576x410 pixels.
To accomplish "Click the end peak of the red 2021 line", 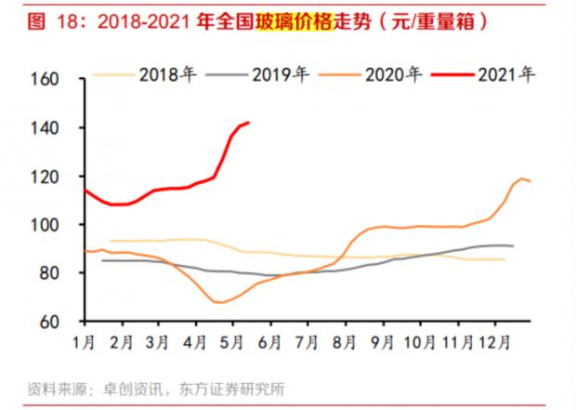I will pyautogui.click(x=248, y=122).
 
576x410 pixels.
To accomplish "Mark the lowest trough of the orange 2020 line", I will pyautogui.click(x=220, y=302).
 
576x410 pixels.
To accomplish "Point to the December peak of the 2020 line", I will pyautogui.click(x=523, y=178).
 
